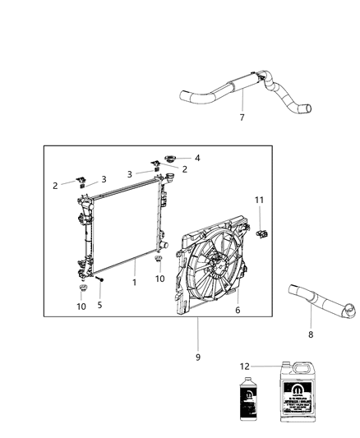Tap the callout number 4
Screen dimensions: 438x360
tap(197, 158)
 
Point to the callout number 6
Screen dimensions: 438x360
tap(237, 310)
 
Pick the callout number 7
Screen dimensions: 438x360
tap(242, 118)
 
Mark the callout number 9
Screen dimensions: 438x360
tap(197, 357)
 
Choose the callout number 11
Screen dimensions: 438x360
tap(259, 200)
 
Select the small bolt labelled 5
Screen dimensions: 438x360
tap(99, 282)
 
